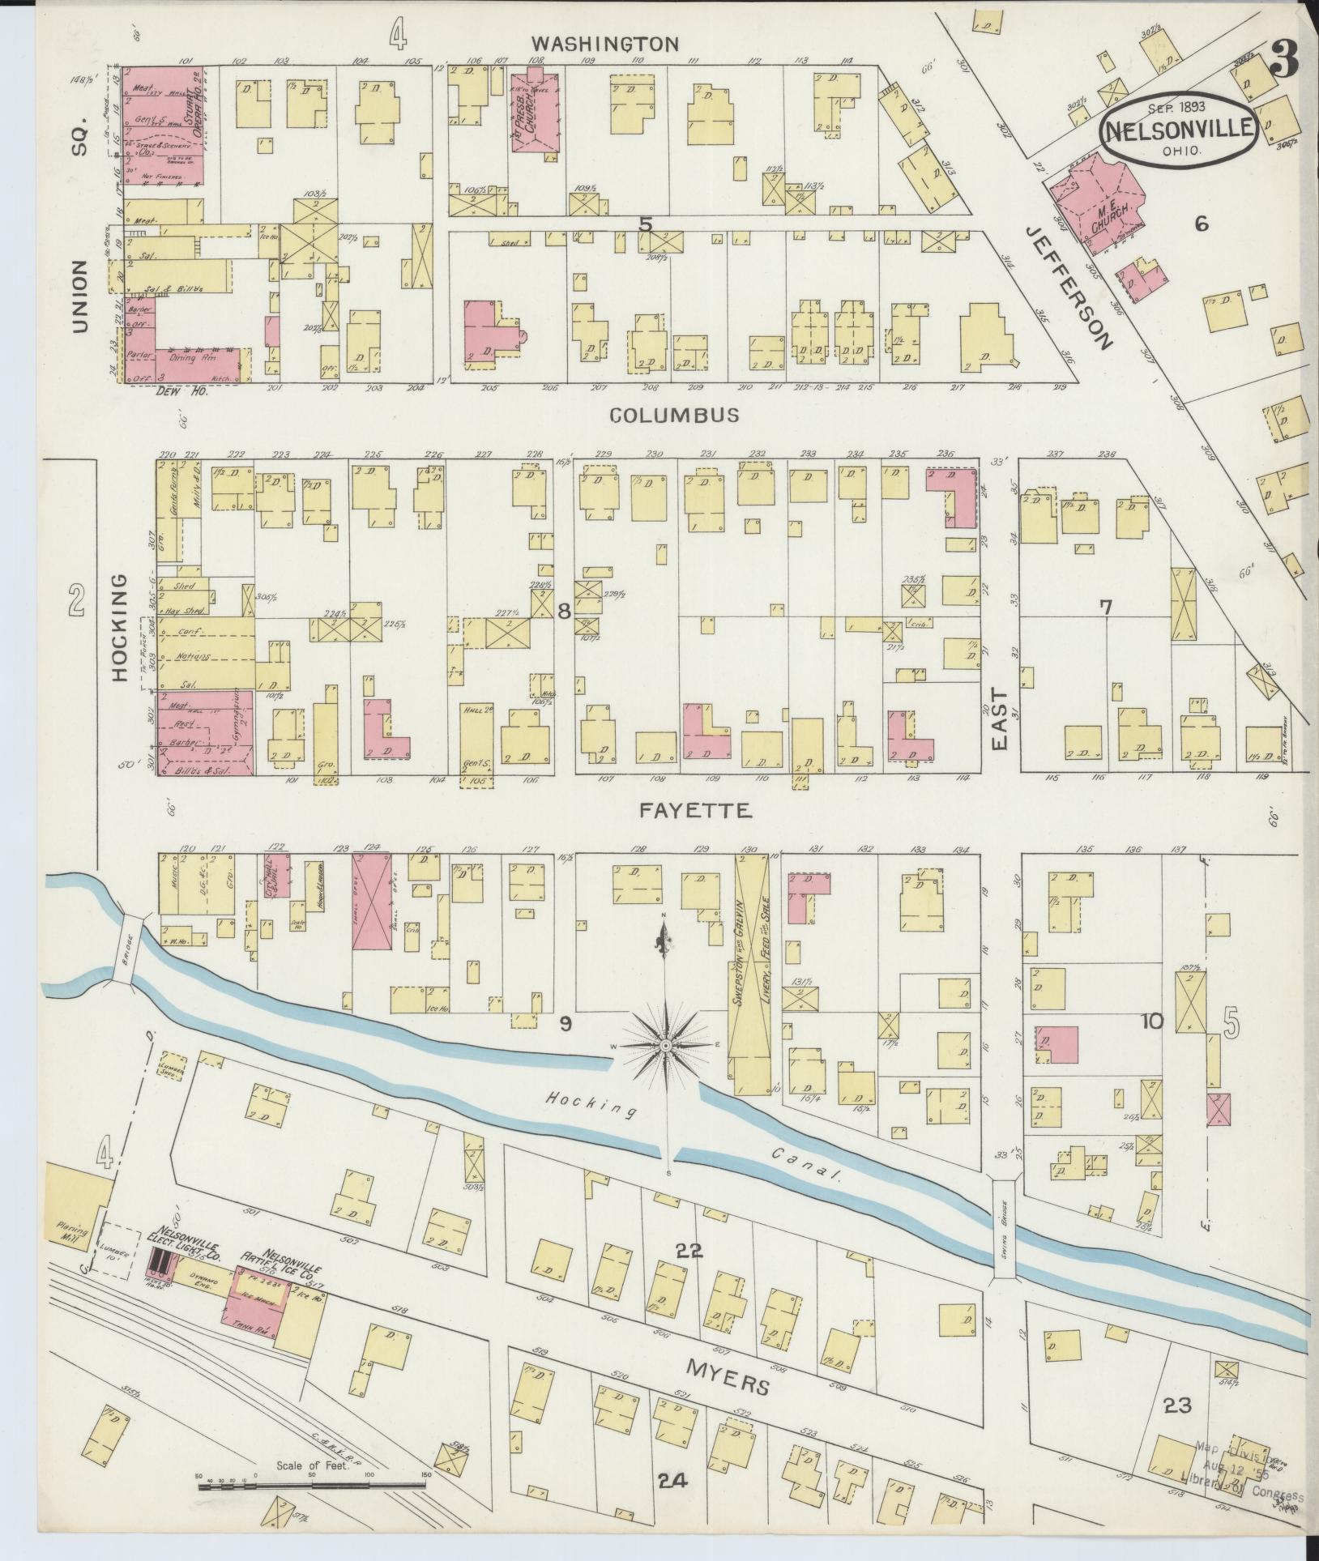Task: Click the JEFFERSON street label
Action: [x=1067, y=287]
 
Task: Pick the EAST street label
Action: [x=998, y=719]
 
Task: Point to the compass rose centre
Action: [x=664, y=1046]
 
